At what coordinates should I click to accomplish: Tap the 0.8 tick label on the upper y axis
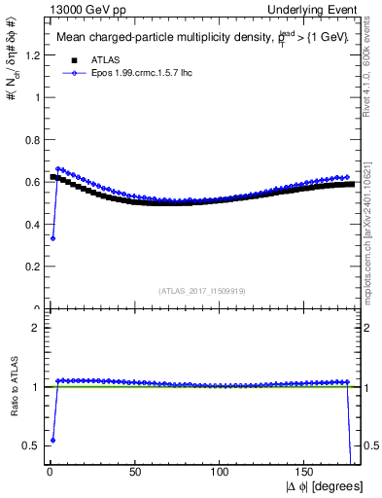29,140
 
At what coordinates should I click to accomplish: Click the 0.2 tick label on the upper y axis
29,267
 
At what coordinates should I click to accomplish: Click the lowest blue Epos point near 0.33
52,238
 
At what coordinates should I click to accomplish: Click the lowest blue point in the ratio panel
52,440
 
